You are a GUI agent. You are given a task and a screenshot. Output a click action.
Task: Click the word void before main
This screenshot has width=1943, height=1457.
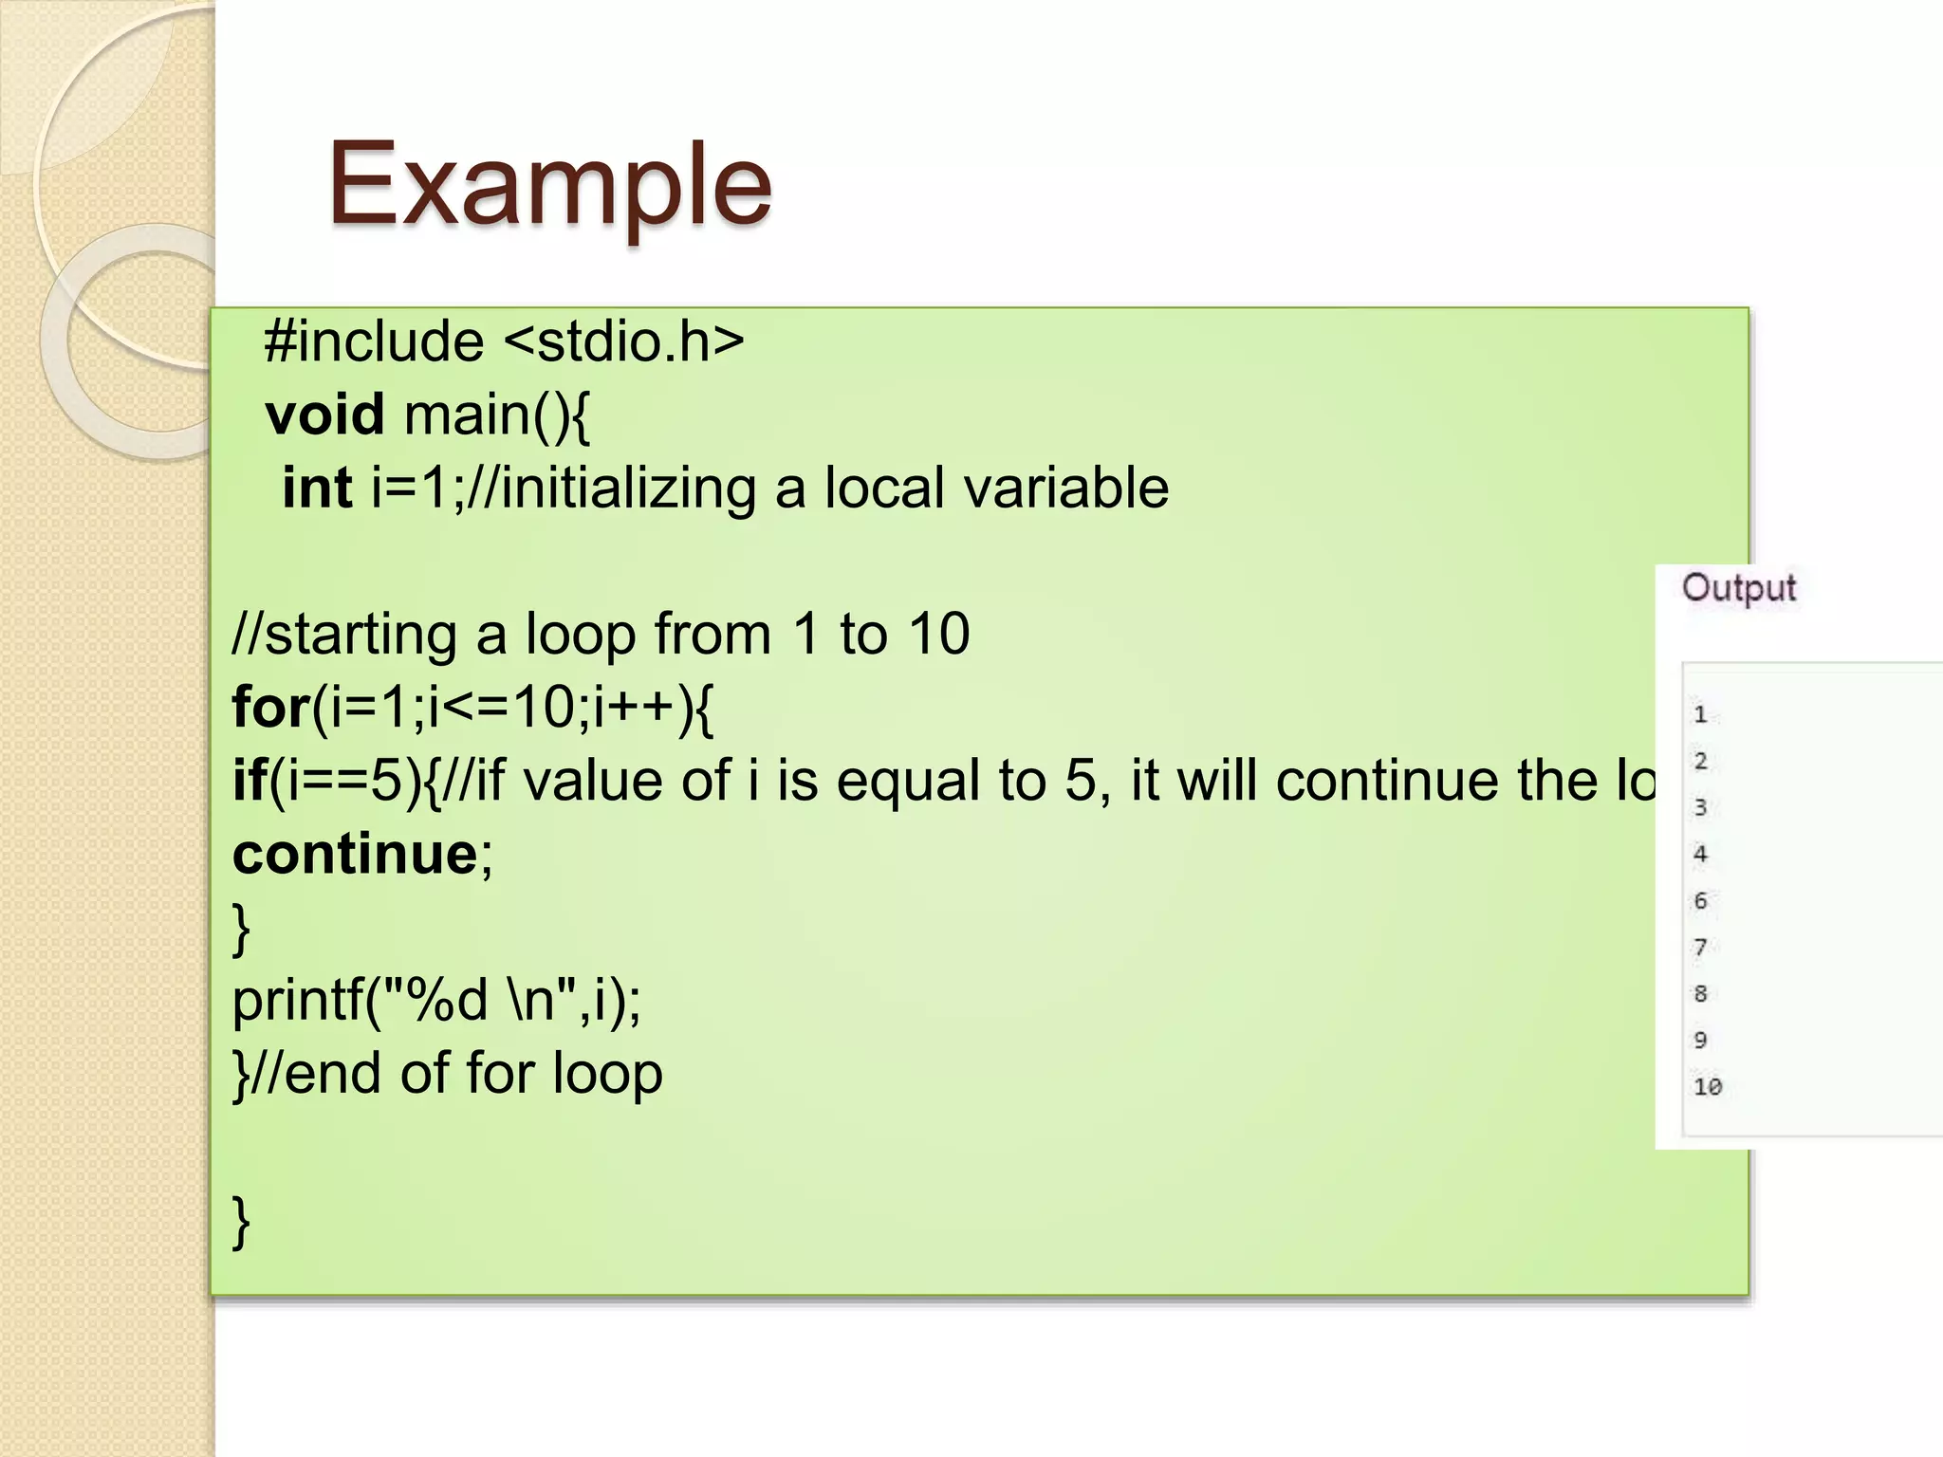(324, 415)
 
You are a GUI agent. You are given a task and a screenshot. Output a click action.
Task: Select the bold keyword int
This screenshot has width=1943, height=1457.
(317, 489)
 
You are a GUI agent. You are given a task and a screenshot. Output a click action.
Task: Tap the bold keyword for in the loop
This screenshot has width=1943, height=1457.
(271, 709)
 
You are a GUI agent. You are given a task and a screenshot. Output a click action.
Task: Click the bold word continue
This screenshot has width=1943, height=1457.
(356, 855)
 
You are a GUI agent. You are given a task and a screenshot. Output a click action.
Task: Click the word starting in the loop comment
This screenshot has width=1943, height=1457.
(361, 635)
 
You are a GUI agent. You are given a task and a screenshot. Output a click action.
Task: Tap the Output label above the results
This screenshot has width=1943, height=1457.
(1738, 588)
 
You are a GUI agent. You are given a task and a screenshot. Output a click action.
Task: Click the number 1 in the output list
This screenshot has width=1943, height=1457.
(1700, 715)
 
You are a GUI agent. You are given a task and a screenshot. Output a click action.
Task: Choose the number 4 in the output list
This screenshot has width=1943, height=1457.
(1700, 855)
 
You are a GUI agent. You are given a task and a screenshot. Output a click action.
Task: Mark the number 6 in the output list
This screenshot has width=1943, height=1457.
(1700, 901)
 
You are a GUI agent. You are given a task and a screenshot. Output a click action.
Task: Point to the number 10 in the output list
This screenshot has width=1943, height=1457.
(1707, 1087)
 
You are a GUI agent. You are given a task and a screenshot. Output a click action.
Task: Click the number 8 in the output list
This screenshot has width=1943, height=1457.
(1700, 994)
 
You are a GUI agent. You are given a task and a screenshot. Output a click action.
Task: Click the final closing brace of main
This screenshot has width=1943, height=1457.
(241, 1222)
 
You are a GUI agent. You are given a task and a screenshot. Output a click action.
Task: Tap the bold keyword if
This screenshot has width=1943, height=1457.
(250, 782)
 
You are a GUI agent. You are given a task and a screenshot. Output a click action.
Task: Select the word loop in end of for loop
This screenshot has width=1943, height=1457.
(607, 1074)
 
